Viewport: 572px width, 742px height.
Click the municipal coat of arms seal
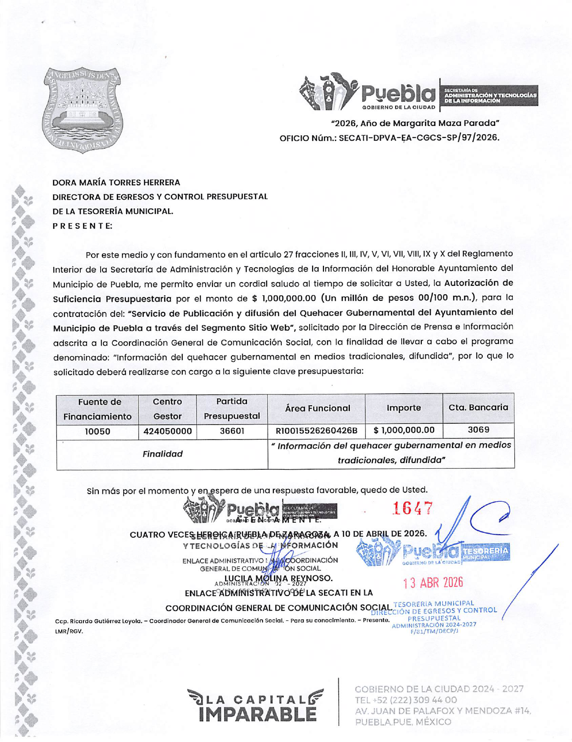pos(83,110)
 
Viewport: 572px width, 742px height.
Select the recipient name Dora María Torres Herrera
pos(116,183)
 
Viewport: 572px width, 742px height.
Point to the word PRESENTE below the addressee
pos(83,226)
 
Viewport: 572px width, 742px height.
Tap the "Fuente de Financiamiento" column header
pos(98,409)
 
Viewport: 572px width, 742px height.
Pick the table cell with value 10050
pos(98,431)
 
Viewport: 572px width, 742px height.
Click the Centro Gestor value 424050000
pos(167,431)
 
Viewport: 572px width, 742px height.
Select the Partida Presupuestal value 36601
pos(232,431)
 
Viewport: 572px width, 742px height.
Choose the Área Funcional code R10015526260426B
pos(316,431)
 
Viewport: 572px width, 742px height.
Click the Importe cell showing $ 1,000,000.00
pos(404,431)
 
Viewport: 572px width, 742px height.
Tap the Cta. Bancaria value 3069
pos(478,430)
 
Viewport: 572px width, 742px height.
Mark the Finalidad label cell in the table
pos(162,454)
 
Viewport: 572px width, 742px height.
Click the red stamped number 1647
pos(412,508)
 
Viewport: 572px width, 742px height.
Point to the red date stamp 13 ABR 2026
pos(433,583)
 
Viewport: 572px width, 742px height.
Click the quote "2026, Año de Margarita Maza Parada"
pos(415,123)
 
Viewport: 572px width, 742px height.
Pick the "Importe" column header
pos(404,408)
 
